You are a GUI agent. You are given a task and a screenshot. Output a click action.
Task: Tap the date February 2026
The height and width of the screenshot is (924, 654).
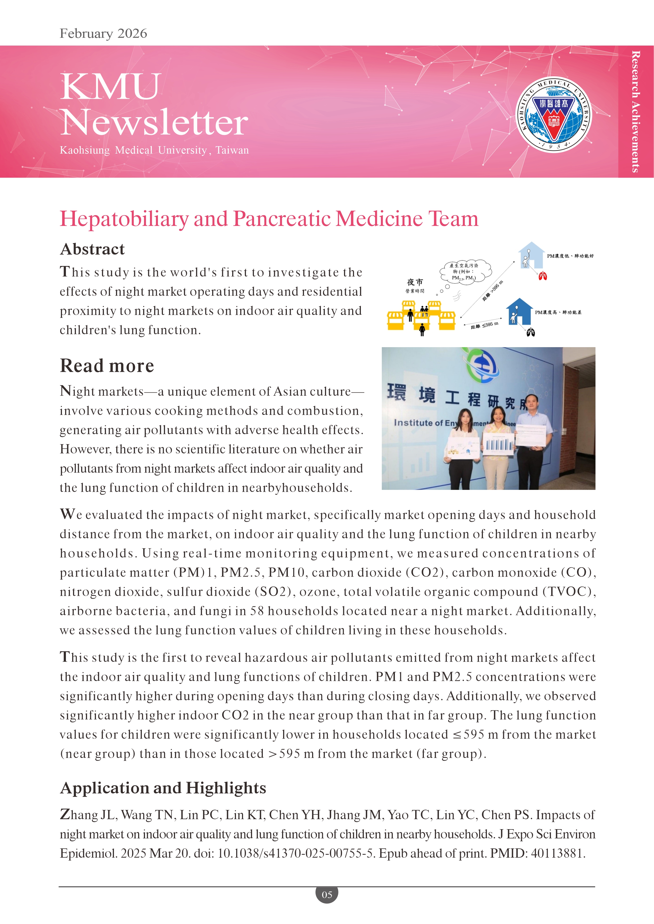point(104,33)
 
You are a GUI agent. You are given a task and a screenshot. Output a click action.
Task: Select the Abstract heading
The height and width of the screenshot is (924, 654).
point(92,249)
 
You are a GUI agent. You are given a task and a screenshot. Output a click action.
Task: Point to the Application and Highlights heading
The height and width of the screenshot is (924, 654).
point(163,788)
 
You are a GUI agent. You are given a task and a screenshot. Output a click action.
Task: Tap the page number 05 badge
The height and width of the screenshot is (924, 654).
point(327,894)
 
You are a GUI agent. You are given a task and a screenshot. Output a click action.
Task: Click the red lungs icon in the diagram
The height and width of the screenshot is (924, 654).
point(542,276)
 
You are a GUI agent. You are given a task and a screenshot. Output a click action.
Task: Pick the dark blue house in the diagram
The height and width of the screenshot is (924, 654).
point(519,311)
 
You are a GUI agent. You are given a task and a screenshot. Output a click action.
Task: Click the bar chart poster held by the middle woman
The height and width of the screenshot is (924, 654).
point(498,444)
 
